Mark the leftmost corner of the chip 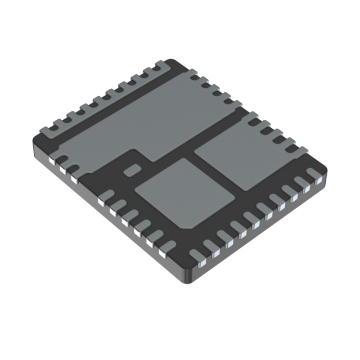tap(35, 138)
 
